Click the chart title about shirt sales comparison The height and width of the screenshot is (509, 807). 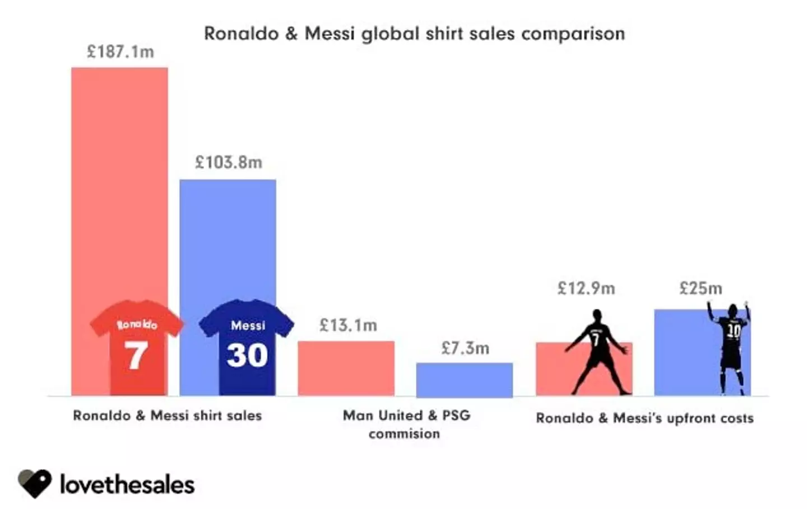(414, 34)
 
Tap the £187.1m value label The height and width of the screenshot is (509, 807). (120, 52)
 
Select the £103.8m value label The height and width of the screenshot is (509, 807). (228, 162)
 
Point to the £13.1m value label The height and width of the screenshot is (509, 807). (348, 325)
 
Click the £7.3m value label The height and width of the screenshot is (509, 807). (465, 348)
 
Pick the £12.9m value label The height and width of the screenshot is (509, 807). (586, 288)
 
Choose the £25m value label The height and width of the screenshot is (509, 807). (701, 288)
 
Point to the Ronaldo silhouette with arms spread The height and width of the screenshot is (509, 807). (597, 353)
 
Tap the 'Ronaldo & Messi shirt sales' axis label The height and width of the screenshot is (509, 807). (167, 415)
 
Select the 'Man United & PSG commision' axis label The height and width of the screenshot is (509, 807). (406, 424)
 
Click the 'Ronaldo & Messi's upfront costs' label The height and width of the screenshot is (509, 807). (644, 418)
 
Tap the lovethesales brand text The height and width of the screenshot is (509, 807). (127, 484)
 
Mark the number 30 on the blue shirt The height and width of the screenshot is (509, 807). (247, 355)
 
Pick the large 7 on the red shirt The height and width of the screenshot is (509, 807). (136, 355)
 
